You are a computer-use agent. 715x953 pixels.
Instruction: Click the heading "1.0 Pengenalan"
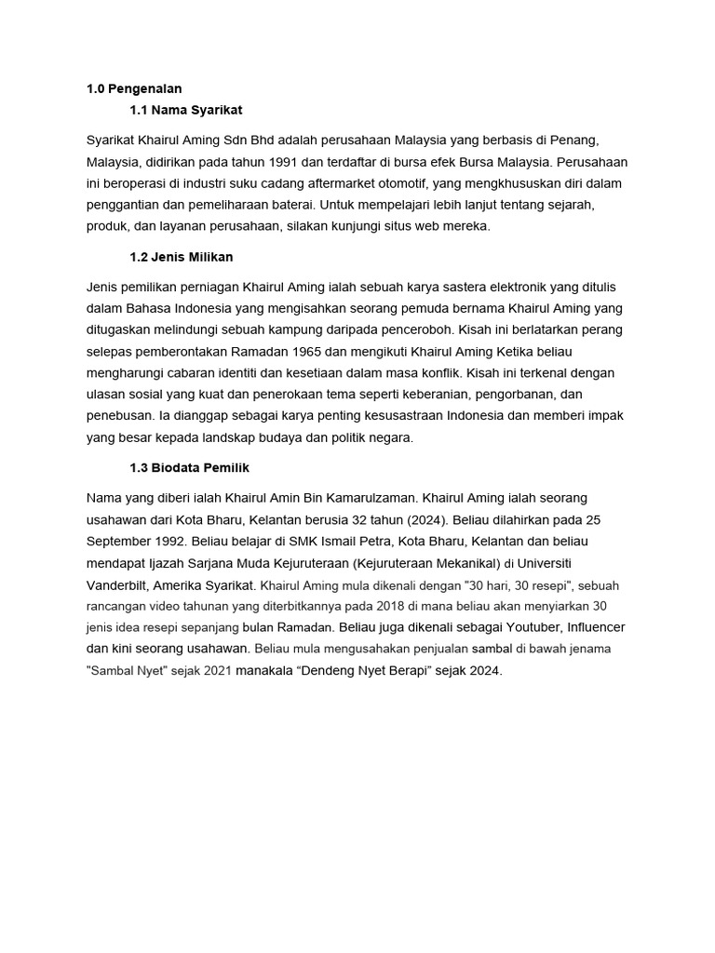click(x=133, y=88)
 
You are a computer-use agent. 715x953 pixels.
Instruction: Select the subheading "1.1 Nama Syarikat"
click(x=186, y=110)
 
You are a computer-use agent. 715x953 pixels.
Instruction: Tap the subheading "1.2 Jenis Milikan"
click(x=183, y=256)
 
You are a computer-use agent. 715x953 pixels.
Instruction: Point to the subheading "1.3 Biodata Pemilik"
click(x=190, y=467)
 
